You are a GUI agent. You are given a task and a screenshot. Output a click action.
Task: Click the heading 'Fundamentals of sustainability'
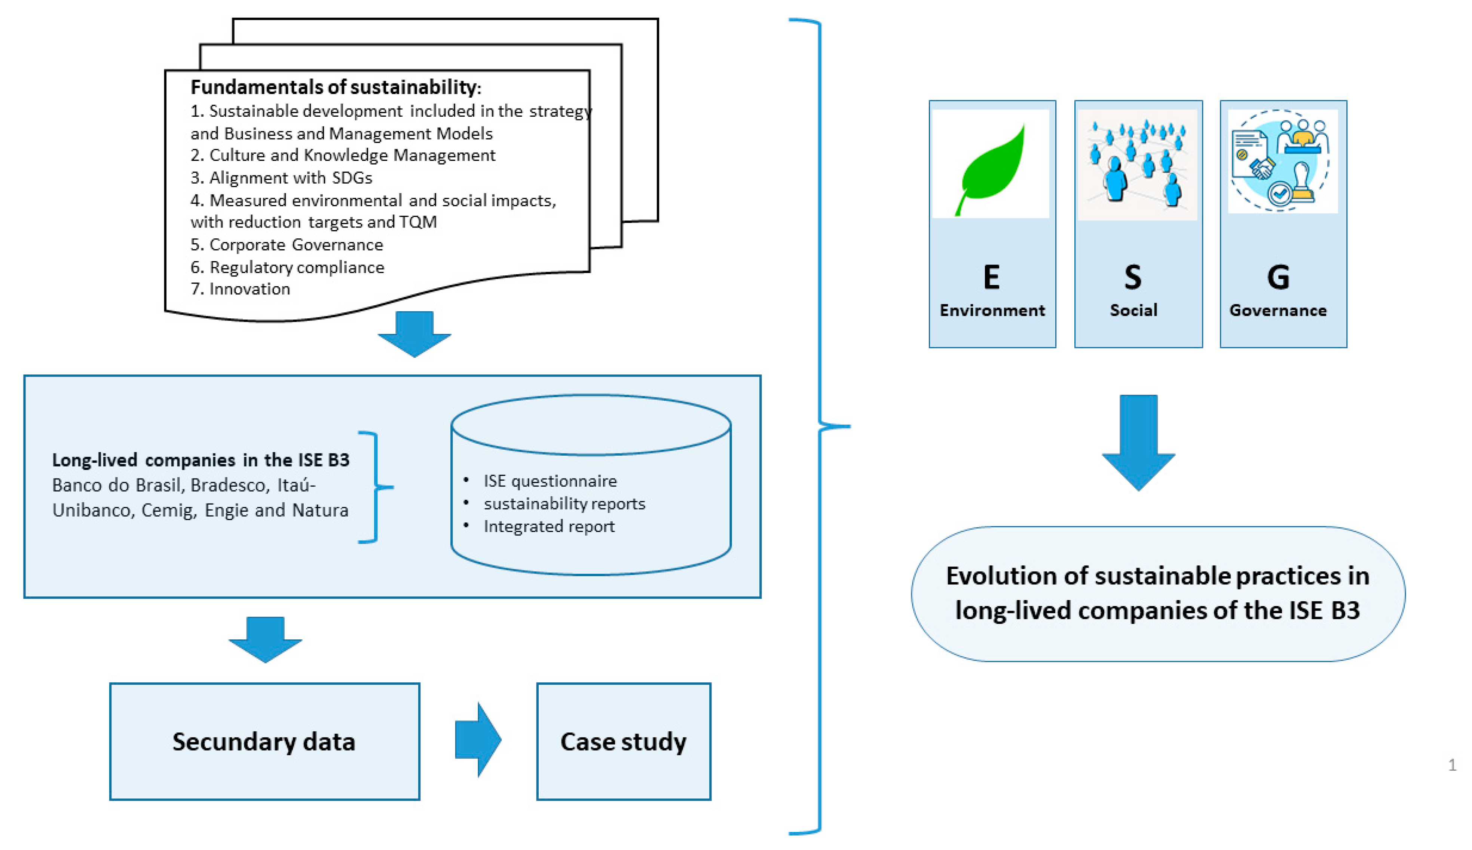[x=335, y=87]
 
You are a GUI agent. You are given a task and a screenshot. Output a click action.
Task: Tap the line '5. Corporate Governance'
[x=287, y=245]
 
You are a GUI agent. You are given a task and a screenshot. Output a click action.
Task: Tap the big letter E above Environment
[x=991, y=277]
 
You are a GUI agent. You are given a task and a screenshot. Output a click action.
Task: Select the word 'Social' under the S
[x=1133, y=310]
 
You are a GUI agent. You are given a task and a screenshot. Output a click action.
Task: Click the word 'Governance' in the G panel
[x=1277, y=310]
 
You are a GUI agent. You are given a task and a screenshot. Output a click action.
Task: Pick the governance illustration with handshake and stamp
[x=1281, y=162]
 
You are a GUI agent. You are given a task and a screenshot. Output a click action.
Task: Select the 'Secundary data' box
[x=264, y=742]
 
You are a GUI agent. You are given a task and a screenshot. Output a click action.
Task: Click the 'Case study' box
[x=623, y=742]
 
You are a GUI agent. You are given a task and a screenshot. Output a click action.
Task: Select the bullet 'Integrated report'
[x=549, y=527]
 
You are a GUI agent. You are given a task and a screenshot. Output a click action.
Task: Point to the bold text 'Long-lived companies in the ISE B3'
[x=200, y=460]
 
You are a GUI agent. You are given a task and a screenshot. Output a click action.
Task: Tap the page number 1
[x=1451, y=765]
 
